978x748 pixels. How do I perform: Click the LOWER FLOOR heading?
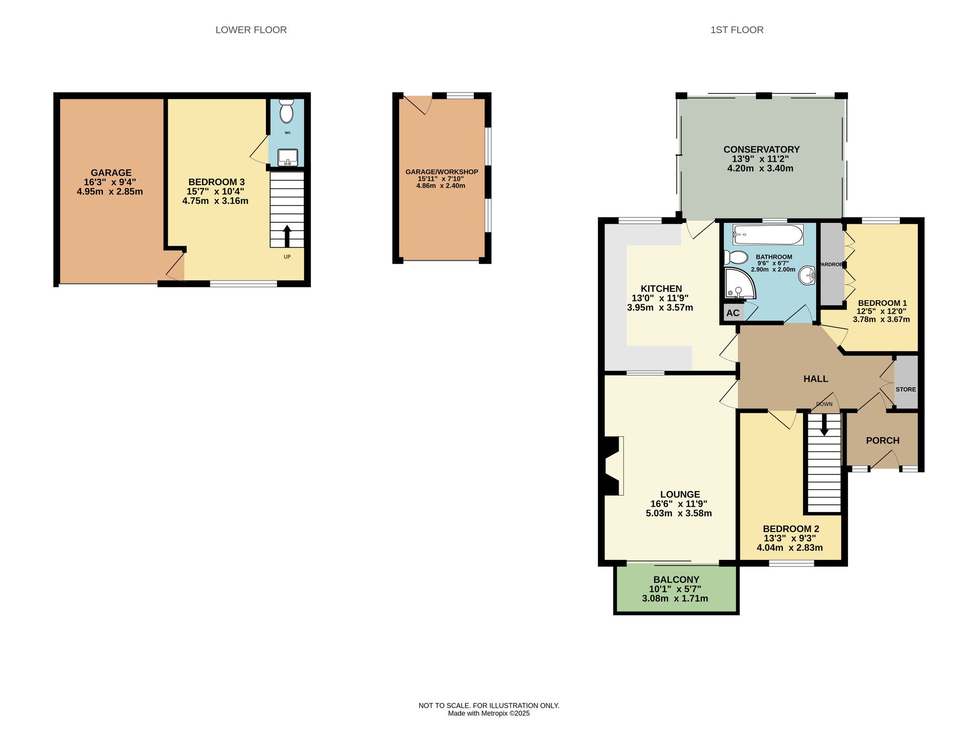(x=251, y=30)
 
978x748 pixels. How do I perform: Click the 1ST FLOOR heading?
(x=736, y=30)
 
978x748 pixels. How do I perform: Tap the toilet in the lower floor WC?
(x=286, y=111)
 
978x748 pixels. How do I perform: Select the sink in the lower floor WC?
(x=288, y=157)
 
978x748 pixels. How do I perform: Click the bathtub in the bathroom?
(x=768, y=235)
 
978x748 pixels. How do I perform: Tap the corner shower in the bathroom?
(x=738, y=284)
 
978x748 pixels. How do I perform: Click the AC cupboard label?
(x=733, y=313)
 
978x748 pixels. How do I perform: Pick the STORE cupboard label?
(x=906, y=389)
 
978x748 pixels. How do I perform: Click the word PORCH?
(x=882, y=441)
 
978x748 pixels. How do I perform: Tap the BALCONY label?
(x=676, y=579)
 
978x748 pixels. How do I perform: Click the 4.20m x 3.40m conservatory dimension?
(x=760, y=169)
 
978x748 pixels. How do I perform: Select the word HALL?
(x=816, y=379)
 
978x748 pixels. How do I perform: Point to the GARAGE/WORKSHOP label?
(x=441, y=172)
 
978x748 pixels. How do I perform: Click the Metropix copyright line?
(x=489, y=713)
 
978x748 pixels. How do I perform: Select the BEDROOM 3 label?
(x=216, y=182)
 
